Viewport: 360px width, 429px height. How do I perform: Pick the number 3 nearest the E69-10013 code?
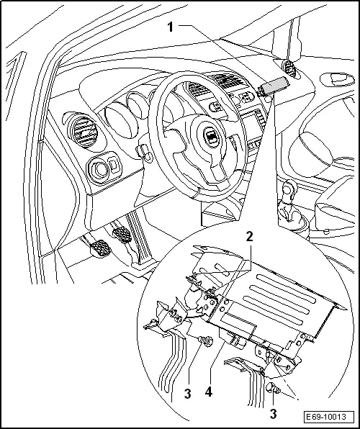point(274,414)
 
